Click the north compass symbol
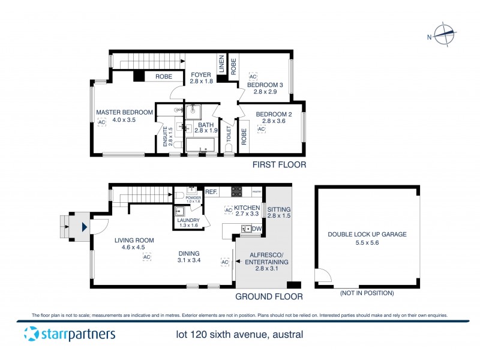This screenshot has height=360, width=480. pyautogui.click(x=445, y=35)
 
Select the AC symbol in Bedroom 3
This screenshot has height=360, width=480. pyautogui.click(x=253, y=77)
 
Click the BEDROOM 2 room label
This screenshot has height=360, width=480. pyautogui.click(x=274, y=114)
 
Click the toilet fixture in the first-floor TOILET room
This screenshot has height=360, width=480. pyautogui.click(x=229, y=146)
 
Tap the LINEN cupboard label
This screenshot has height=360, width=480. pyautogui.click(x=221, y=65)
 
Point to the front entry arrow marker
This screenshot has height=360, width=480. pyautogui.click(x=83, y=227)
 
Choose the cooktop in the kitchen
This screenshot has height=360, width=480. pyautogui.click(x=237, y=193)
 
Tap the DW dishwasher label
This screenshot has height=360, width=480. pyautogui.click(x=257, y=229)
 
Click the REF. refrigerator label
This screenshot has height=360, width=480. pyautogui.click(x=211, y=192)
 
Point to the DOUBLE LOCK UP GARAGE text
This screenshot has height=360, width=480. pyautogui.click(x=367, y=235)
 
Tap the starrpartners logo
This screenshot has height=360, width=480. pyautogui.click(x=69, y=334)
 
